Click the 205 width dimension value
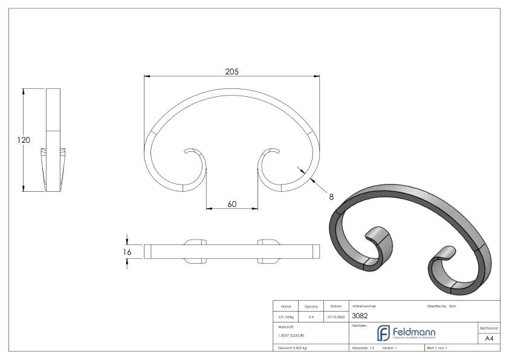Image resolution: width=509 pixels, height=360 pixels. click(232, 71)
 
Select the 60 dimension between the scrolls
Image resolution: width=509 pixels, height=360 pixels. click(232, 204)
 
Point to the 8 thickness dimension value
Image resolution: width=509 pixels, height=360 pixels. click(331, 196)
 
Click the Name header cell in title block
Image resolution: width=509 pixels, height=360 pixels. click(286, 306)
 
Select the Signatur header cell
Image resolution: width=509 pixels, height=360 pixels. click(311, 306)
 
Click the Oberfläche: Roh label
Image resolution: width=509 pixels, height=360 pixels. click(445, 306)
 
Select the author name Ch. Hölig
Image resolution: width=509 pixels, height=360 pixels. click(286, 315)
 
